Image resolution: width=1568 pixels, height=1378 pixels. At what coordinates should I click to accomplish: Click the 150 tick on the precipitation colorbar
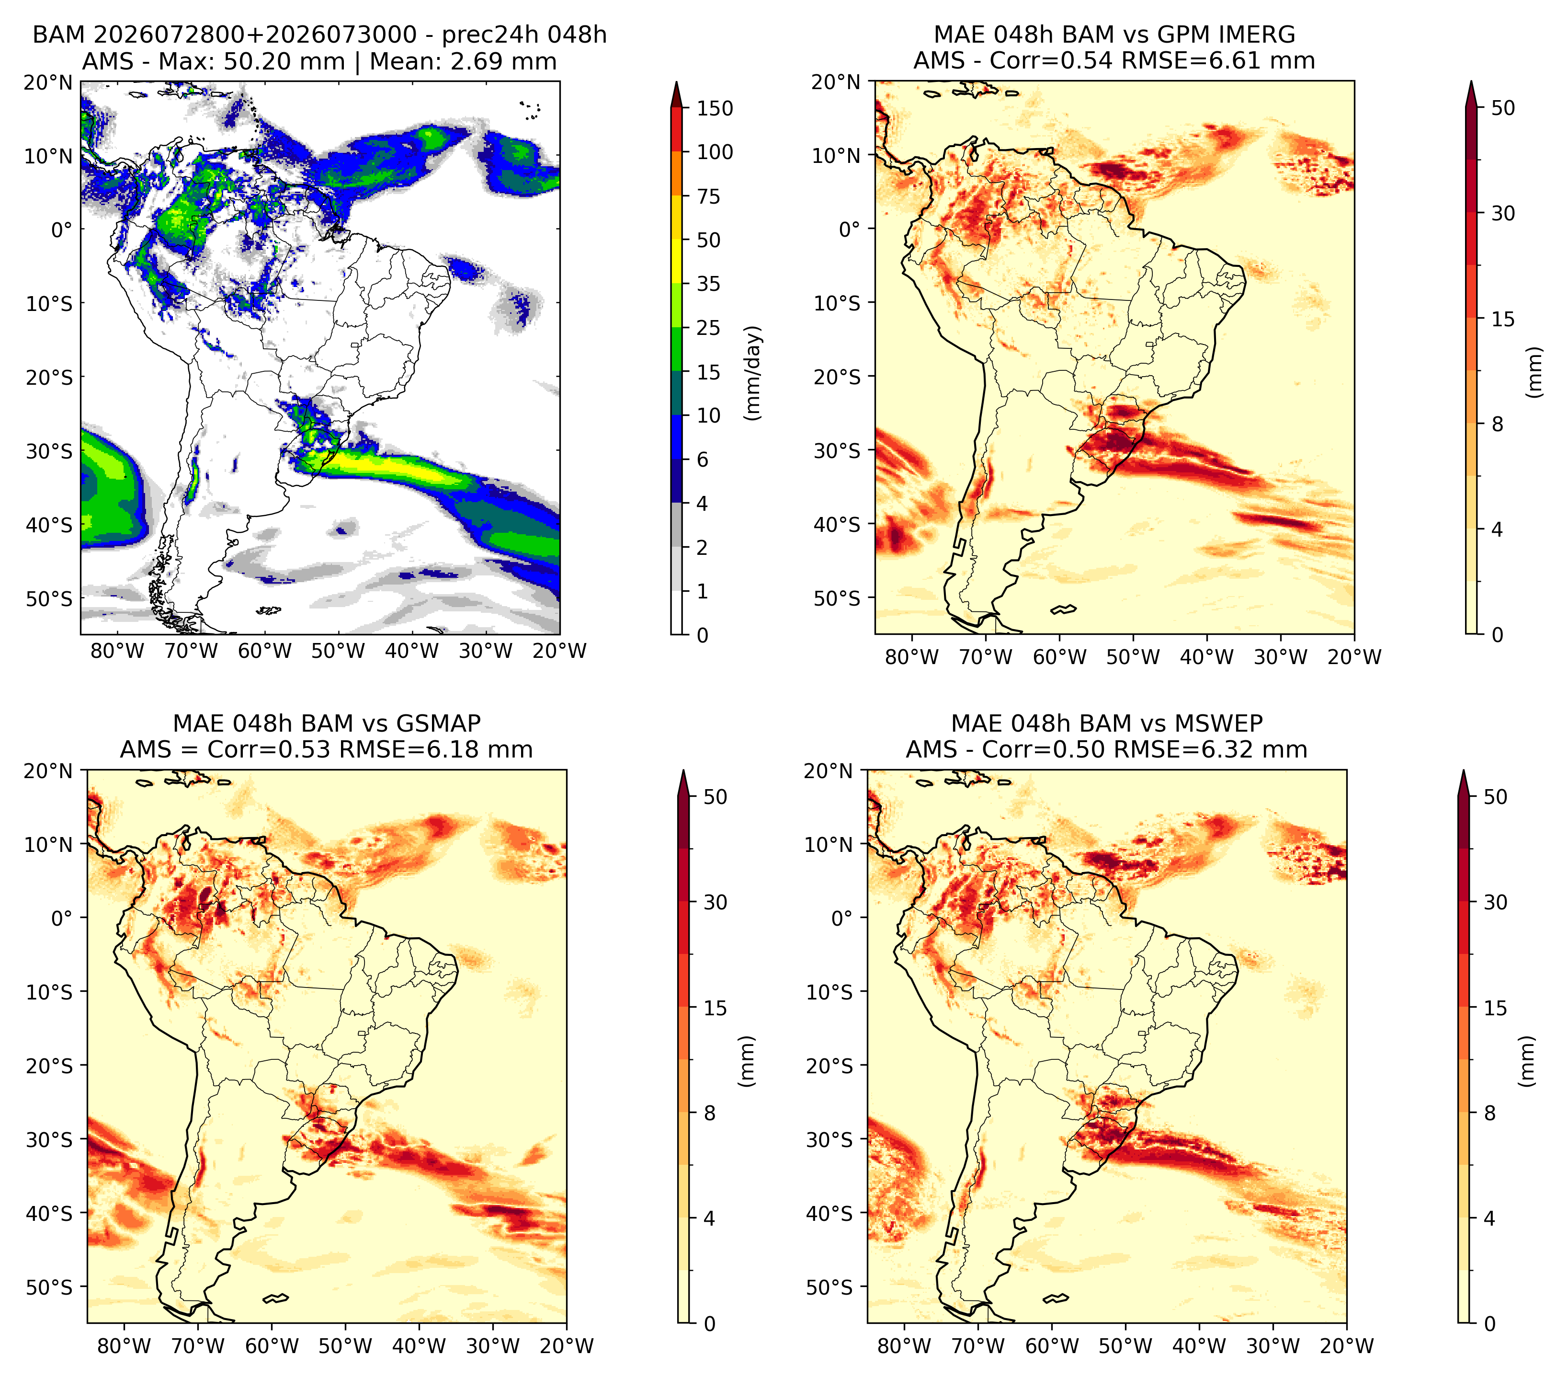pyautogui.click(x=715, y=108)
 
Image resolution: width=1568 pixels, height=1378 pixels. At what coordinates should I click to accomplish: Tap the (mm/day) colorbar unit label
pyautogui.click(x=754, y=373)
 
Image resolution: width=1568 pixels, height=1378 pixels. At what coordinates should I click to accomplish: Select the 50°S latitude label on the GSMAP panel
pyautogui.click(x=49, y=1286)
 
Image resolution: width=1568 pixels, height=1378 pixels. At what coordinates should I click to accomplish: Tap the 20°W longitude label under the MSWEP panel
pyautogui.click(x=1347, y=1346)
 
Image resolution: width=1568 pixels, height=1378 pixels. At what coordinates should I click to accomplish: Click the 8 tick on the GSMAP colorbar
pyautogui.click(x=710, y=1114)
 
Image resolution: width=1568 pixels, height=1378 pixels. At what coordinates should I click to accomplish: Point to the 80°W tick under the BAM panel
pyautogui.click(x=117, y=651)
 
